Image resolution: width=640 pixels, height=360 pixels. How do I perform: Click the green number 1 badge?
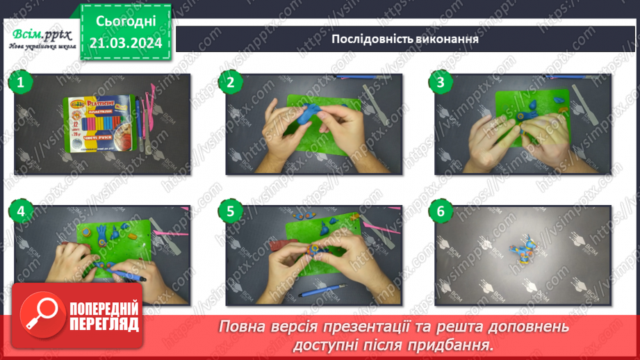(x=21, y=83)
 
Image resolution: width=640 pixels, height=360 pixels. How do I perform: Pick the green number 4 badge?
(x=21, y=211)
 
